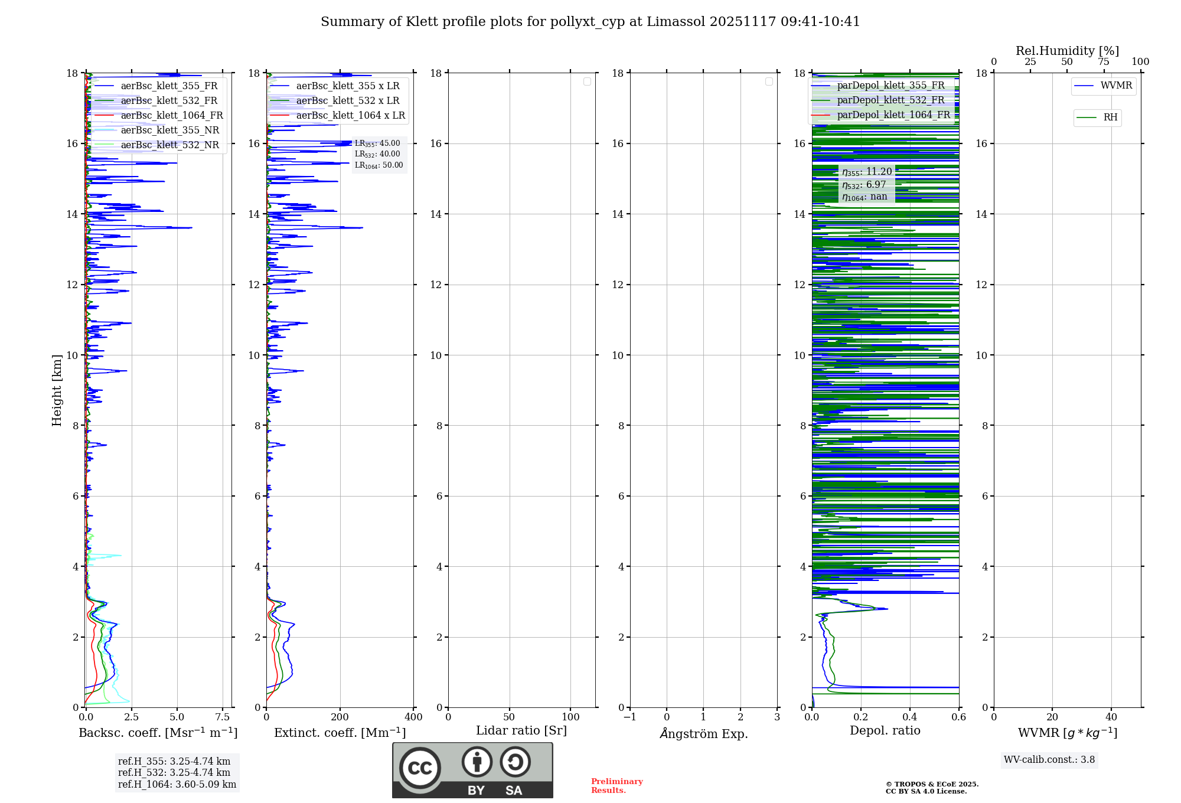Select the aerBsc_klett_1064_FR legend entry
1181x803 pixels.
click(x=172, y=116)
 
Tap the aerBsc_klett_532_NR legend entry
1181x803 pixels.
click(x=169, y=145)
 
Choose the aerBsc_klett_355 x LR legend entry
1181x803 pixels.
click(x=348, y=86)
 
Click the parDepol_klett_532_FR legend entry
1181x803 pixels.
click(x=890, y=100)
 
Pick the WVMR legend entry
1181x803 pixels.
click(x=1116, y=86)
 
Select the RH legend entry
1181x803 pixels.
click(x=1110, y=117)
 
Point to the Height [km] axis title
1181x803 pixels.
click(x=57, y=390)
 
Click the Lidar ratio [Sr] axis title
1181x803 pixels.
click(x=521, y=731)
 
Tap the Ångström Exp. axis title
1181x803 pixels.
click(x=703, y=734)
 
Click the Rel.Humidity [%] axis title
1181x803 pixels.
click(x=1067, y=51)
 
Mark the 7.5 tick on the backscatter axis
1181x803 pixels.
click(x=223, y=717)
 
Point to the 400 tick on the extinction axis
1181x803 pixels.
click(x=413, y=717)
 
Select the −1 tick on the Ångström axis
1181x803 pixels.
click(x=630, y=717)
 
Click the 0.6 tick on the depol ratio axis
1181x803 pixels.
click(x=958, y=717)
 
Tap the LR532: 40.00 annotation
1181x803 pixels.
click(x=377, y=154)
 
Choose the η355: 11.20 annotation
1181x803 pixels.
click(x=867, y=172)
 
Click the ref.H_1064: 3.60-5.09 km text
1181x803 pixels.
click(x=177, y=785)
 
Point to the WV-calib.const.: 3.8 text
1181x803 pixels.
click(x=1049, y=760)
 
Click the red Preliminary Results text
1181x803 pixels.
click(x=616, y=786)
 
